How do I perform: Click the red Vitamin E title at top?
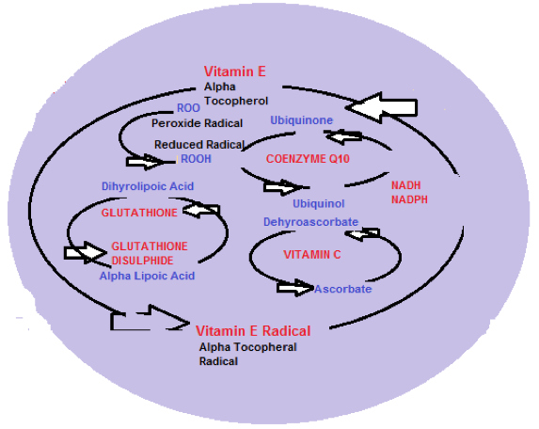click(x=235, y=71)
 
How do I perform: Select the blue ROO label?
click(x=188, y=108)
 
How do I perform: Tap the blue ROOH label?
click(x=196, y=159)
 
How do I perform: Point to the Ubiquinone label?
click(x=301, y=120)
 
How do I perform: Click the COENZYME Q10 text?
click(x=308, y=159)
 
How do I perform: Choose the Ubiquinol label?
click(x=318, y=203)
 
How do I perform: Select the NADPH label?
click(x=409, y=199)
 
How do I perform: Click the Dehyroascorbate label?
click(x=310, y=222)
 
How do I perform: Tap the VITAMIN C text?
click(x=312, y=255)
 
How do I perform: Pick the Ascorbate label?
click(x=342, y=289)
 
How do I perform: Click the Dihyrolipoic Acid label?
click(x=148, y=186)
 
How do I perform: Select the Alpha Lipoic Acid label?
click(x=147, y=276)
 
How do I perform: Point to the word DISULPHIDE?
click(x=143, y=261)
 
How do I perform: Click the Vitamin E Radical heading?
click(x=253, y=331)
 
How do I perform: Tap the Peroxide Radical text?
click(x=197, y=123)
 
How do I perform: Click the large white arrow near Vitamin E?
click(x=382, y=107)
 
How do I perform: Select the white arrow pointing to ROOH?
click(x=145, y=162)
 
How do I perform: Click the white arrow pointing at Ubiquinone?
click(x=343, y=136)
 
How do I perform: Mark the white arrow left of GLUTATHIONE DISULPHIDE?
click(x=86, y=253)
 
